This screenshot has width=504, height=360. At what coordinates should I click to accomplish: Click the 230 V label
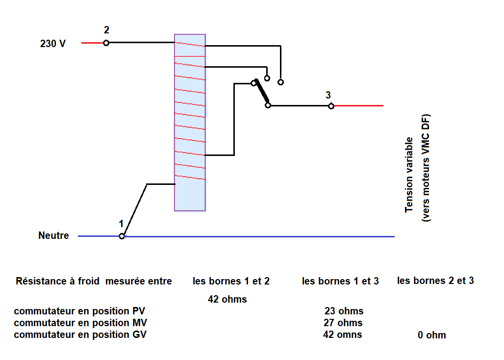pyautogui.click(x=53, y=44)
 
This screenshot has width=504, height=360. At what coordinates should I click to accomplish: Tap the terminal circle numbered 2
pyautogui.click(x=106, y=43)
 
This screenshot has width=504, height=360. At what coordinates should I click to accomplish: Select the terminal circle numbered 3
pyautogui.click(x=331, y=106)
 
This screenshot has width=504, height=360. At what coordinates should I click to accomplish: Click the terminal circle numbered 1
pyautogui.click(x=122, y=236)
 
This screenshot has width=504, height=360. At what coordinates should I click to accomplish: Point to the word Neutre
pyautogui.click(x=53, y=236)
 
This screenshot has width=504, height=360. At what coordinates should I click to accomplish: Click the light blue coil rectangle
pyautogui.click(x=190, y=123)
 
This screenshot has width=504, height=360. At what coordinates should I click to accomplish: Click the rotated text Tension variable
pyautogui.click(x=409, y=175)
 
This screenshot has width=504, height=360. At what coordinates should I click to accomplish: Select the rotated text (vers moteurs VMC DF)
pyautogui.click(x=426, y=168)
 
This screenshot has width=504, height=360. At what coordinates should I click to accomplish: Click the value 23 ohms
pyautogui.click(x=344, y=311)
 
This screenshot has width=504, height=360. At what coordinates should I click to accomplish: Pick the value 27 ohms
pyautogui.click(x=343, y=323)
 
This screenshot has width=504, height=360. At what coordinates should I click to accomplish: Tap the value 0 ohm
pyautogui.click(x=432, y=335)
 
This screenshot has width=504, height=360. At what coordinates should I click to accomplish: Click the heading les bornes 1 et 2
pyautogui.click(x=231, y=281)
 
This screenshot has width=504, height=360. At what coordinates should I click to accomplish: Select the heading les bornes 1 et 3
pyautogui.click(x=340, y=281)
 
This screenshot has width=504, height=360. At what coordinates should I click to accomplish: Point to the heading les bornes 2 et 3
pyautogui.click(x=435, y=281)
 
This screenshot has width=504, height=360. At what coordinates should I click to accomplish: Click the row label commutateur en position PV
pyautogui.click(x=79, y=311)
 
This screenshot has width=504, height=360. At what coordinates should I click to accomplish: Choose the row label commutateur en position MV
pyautogui.click(x=80, y=323)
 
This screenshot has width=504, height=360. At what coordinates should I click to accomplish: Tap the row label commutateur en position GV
pyautogui.click(x=80, y=334)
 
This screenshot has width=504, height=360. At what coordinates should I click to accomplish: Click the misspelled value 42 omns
pyautogui.click(x=343, y=335)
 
